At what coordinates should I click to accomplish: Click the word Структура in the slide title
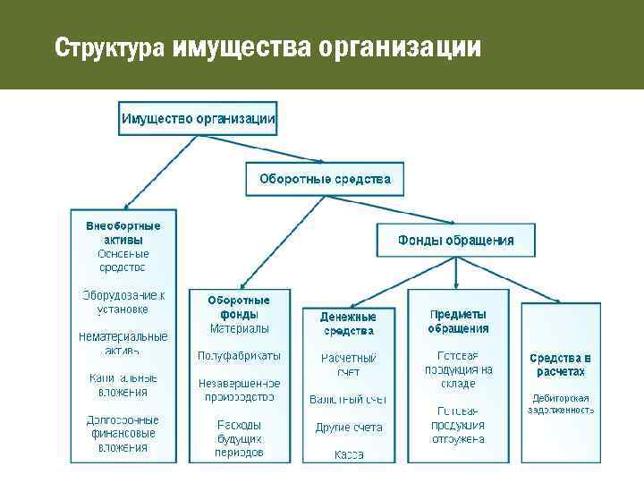coord(109,47)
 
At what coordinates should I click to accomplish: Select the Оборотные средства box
coord(325,179)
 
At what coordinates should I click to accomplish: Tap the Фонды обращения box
coord(455,240)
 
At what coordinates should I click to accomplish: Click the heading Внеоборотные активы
coord(123,233)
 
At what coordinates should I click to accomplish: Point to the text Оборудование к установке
coord(123,302)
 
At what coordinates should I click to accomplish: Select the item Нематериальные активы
coord(123,343)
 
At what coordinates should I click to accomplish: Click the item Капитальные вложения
coord(123,385)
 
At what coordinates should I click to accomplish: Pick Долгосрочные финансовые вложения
coord(123,433)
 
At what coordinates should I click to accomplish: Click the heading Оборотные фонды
coord(239,307)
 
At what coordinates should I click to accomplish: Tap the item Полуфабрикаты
coord(239,355)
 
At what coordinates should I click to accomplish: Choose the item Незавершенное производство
coord(239,389)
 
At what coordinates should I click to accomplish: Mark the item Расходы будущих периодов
coord(239,438)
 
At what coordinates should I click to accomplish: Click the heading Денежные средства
coord(348,324)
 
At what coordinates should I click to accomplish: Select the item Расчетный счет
coord(348,364)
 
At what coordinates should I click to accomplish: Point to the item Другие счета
coord(348,428)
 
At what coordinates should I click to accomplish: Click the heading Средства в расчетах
coord(561,364)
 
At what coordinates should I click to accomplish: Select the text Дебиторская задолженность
coord(561,403)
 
